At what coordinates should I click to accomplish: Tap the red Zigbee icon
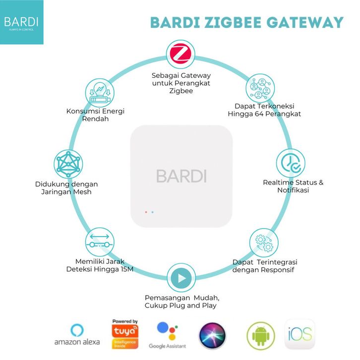pyautogui.click(x=180, y=56)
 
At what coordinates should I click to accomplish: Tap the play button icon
pyautogui.click(x=180, y=279)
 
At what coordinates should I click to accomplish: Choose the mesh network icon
pyautogui.click(x=68, y=164)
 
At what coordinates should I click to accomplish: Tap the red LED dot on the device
pyautogui.click(x=146, y=212)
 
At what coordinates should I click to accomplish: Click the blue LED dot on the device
pyautogui.click(x=152, y=212)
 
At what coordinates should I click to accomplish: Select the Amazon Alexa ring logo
pyautogui.click(x=77, y=330)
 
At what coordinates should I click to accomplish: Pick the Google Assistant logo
pyautogui.click(x=167, y=331)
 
